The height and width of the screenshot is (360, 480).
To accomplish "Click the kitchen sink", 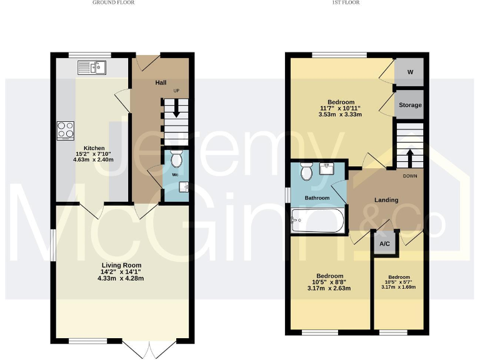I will (92, 67).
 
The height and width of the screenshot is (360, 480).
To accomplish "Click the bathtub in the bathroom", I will (317, 220).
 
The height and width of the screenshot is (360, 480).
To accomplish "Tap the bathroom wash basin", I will (327, 167).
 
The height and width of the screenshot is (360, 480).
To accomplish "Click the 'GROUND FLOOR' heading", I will (113, 2).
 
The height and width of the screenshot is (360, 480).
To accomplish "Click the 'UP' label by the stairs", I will (176, 91).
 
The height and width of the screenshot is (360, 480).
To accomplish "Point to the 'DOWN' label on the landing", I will (409, 176).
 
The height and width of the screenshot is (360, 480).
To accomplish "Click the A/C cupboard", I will (384, 243).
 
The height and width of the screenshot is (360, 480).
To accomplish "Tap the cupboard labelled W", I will (410, 72).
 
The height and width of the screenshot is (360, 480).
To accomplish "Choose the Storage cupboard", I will (410, 106).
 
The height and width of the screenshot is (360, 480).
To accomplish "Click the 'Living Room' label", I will (121, 265).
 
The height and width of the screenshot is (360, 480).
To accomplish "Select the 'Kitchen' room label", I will (86, 148).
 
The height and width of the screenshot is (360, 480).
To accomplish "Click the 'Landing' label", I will (386, 200).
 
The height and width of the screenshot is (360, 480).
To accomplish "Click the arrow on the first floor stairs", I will (409, 156).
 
